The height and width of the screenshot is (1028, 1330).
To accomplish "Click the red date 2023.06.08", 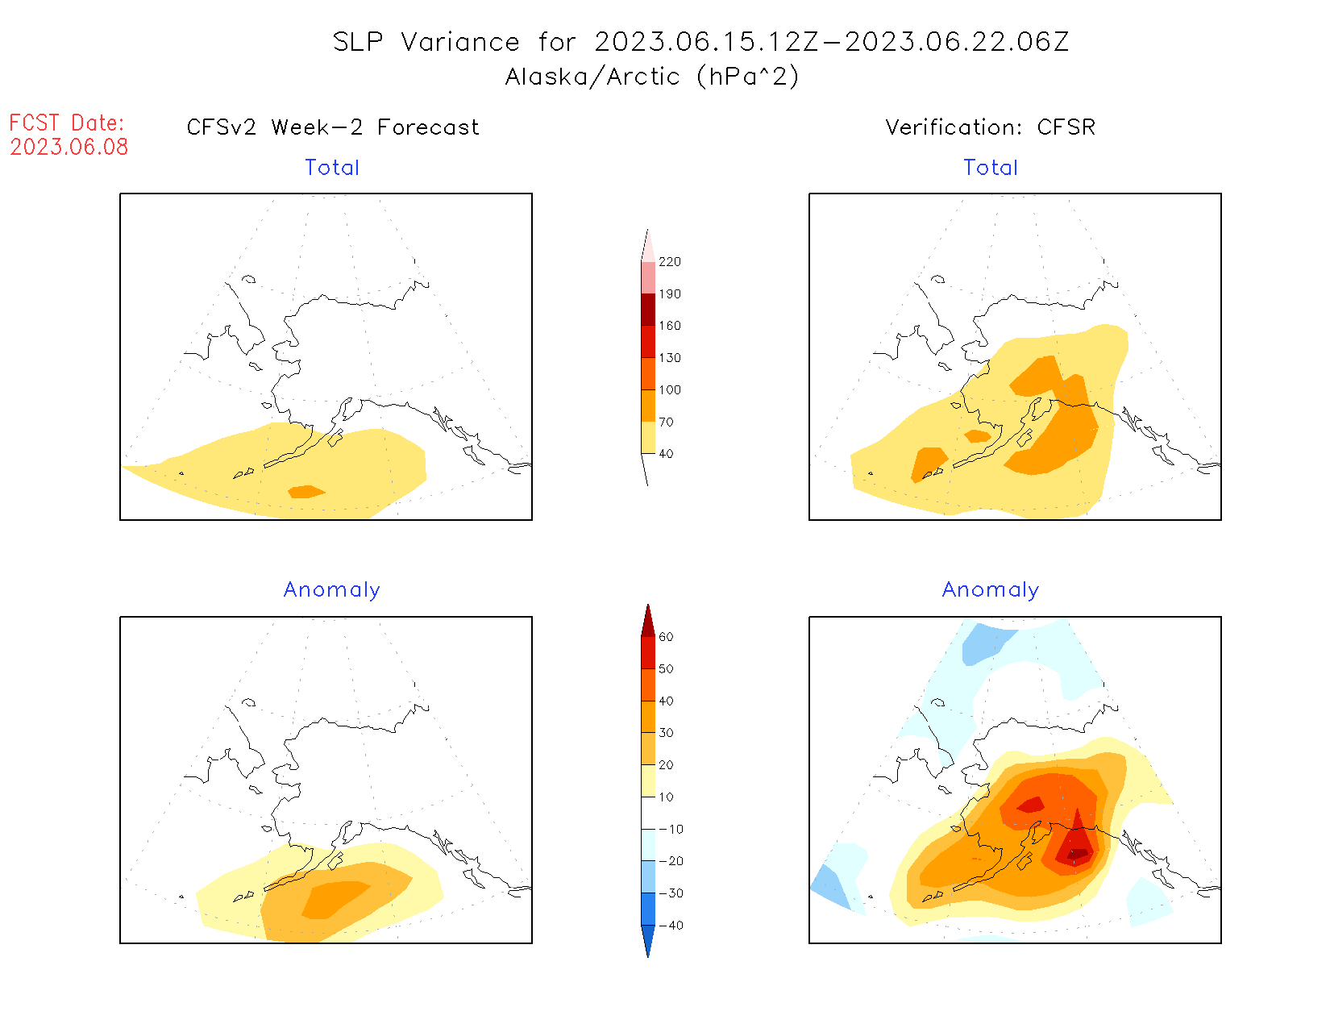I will click(69, 147).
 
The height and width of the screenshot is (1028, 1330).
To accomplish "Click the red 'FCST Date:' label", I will click(67, 123).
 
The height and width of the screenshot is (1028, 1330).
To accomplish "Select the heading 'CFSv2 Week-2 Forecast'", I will click(333, 127).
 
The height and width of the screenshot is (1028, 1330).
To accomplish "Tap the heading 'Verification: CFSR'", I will click(991, 127).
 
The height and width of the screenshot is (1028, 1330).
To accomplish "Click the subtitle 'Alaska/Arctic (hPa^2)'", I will click(652, 77).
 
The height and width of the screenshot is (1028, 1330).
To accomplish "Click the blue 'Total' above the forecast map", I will click(332, 168).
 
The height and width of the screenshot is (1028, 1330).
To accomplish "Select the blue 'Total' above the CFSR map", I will click(991, 168).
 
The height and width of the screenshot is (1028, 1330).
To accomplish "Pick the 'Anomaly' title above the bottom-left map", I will click(332, 590).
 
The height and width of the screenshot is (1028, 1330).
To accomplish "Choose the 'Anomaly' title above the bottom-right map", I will click(991, 590).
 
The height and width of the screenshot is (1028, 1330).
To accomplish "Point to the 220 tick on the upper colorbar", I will click(669, 262).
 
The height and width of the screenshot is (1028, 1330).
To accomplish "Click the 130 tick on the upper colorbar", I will click(669, 358).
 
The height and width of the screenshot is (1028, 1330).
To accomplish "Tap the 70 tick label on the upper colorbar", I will click(666, 422).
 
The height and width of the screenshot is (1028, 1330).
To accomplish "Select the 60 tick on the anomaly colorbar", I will click(666, 637).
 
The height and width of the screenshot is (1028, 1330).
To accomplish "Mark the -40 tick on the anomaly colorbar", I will click(671, 926).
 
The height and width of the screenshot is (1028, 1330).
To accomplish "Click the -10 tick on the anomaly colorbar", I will click(671, 829).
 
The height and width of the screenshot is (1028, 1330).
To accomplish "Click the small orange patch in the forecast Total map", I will click(305, 492).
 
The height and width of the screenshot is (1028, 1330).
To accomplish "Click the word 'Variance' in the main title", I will click(460, 42).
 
